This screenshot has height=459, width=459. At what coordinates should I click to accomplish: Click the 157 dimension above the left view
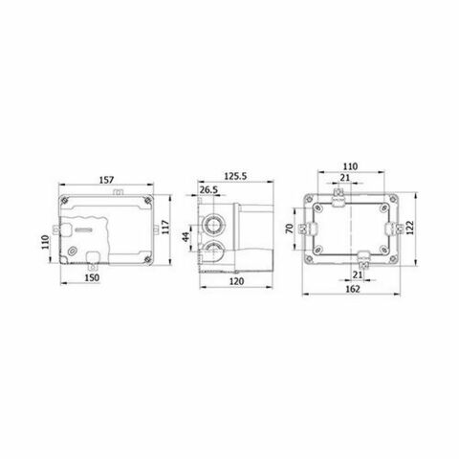click(x=107, y=177)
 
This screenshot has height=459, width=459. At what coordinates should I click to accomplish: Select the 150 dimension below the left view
click(x=93, y=276)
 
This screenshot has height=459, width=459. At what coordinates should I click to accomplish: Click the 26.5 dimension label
click(x=211, y=190)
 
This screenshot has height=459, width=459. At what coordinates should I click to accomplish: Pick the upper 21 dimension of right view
click(x=344, y=178)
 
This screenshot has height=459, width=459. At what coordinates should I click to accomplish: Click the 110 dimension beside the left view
click(x=45, y=243)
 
